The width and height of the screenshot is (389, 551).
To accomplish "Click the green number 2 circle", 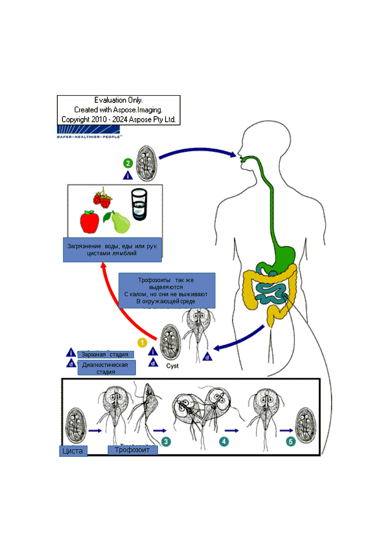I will coord(127,163).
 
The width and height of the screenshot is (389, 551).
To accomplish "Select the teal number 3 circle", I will coord(166,441).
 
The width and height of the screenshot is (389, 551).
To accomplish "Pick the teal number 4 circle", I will coord(225,441).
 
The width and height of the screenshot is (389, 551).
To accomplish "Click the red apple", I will coord(89,221).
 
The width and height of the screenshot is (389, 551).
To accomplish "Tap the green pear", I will coord(118,222).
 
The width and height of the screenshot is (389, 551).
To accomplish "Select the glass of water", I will coord(139,204).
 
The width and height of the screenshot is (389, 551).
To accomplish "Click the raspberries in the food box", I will coord(103,198).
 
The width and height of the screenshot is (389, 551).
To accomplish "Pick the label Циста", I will coord(73,451).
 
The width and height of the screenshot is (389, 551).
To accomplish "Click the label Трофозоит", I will coord(133,450).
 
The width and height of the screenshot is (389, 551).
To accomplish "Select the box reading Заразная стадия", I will coord(105,355).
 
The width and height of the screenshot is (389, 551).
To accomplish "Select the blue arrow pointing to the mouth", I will coord(198,153).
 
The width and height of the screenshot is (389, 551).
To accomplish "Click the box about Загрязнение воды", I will coord(112,250).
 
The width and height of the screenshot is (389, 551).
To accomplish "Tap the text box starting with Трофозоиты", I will coord(167,290).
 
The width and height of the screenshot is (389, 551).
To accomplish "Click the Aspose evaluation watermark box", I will coord(119,110).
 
